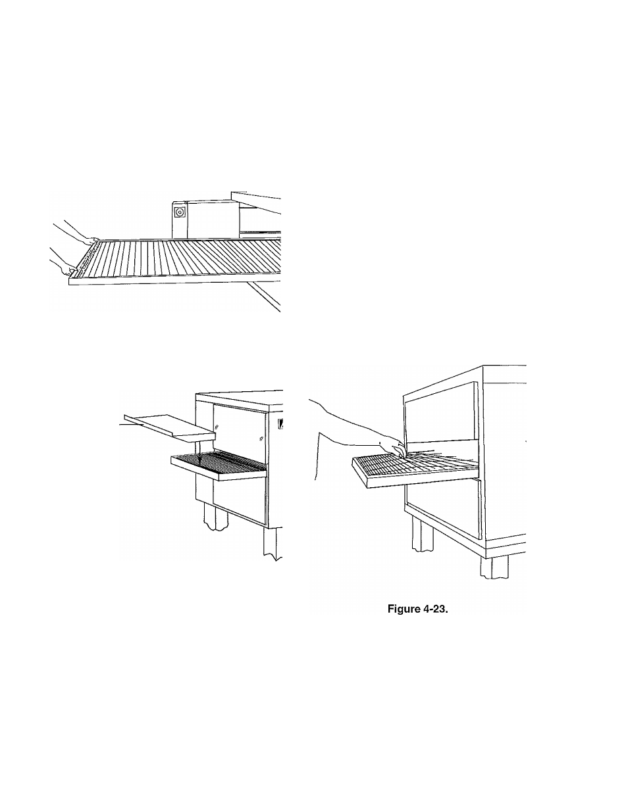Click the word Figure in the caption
(404, 609)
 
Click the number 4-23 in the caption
(436, 609)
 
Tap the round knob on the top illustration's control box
(180, 212)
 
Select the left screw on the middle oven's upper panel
(217, 426)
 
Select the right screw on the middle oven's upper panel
(261, 438)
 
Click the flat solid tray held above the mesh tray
(170, 427)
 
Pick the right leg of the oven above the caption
(494, 567)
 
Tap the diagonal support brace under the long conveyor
(263, 296)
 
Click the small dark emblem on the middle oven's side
(280, 424)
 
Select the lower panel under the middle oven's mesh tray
(240, 502)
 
